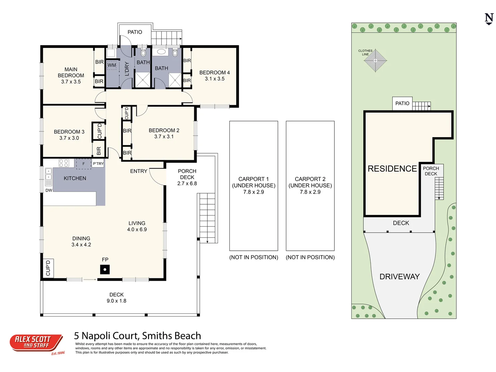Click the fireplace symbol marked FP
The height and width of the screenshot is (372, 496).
[x=105, y=269]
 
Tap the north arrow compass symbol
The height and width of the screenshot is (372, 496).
[x=489, y=19]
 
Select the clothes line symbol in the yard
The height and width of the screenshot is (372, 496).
[x=375, y=61]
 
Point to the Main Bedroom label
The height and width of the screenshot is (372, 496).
[x=71, y=72]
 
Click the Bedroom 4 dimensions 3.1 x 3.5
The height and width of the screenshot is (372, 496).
[x=214, y=79]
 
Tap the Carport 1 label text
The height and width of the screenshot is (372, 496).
[x=254, y=179]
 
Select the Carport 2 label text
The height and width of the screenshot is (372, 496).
[x=310, y=179]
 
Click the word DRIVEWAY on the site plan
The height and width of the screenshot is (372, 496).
[x=399, y=277]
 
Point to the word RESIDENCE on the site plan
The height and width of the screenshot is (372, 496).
[x=392, y=169]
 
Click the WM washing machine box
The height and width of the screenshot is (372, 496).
[x=112, y=65]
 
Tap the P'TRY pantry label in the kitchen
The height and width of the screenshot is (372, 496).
[x=98, y=164]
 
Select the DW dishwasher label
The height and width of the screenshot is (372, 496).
[x=49, y=190]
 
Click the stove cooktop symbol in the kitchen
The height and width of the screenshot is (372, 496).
[x=64, y=163]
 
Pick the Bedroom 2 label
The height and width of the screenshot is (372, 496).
[x=164, y=131]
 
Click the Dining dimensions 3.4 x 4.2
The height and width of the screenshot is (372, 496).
[x=81, y=245]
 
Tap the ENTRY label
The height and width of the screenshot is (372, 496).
[x=138, y=171]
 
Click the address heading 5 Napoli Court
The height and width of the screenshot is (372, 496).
[x=137, y=336]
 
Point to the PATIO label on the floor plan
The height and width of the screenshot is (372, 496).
[x=135, y=32]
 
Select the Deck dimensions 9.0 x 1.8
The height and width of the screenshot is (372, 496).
[x=116, y=301]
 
